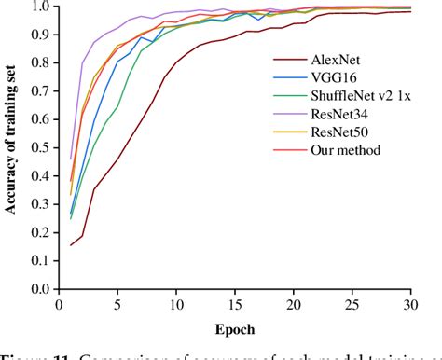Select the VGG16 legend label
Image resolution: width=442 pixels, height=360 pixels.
(x=333, y=77)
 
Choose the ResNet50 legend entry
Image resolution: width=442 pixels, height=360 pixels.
(x=338, y=131)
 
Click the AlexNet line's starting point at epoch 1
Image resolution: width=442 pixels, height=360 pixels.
(x=72, y=245)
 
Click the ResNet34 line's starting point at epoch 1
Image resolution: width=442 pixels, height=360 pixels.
(x=72, y=159)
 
